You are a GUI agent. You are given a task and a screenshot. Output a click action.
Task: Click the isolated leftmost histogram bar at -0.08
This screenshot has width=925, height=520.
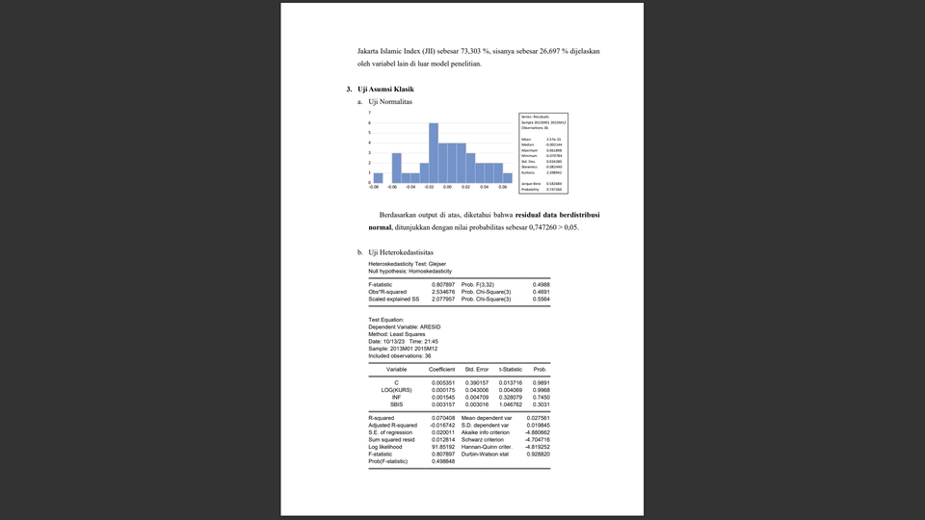(378, 177)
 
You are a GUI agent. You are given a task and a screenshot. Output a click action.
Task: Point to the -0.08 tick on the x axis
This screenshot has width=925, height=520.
(374, 188)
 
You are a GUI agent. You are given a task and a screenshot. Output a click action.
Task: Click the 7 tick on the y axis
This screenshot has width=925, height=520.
(369, 113)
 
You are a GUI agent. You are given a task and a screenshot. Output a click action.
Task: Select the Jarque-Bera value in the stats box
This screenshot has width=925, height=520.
(555, 183)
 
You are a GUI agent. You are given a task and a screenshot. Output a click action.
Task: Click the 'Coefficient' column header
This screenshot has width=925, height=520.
(441, 369)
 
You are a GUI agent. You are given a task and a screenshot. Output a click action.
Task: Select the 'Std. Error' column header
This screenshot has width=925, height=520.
(477, 369)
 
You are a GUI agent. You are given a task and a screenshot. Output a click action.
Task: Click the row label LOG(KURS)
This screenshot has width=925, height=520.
(396, 390)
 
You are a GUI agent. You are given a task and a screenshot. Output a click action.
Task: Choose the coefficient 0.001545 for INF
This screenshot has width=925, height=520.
(443, 397)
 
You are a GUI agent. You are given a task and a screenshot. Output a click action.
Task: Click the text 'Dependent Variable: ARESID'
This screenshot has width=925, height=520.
(404, 326)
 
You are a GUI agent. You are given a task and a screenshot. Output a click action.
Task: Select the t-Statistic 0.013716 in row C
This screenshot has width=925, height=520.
(510, 382)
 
